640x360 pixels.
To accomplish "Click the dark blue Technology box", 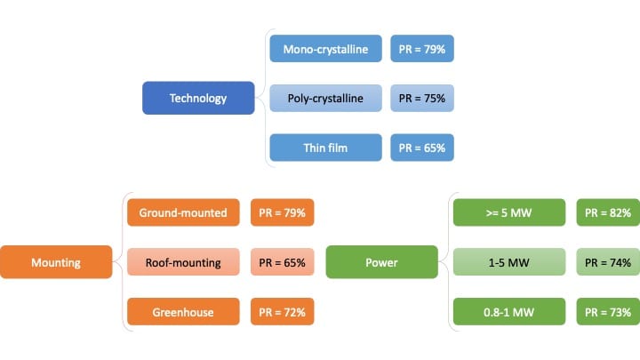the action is [198, 98].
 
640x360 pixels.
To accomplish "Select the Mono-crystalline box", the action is [325, 49].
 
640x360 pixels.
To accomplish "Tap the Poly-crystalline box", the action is [325, 98].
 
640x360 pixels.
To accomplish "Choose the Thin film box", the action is [325, 148].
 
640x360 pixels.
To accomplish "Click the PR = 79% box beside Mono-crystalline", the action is [422, 49].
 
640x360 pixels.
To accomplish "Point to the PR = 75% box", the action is [422, 98].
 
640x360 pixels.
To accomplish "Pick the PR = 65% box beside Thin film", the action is [422, 148].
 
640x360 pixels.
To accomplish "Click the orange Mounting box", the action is [56, 262].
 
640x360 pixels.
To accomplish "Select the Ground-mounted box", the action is [183, 212].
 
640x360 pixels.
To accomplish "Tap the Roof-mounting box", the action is [183, 261].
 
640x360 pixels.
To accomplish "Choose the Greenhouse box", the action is [183, 311].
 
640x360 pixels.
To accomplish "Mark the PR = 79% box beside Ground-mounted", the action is [283, 212].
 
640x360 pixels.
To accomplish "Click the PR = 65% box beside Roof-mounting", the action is [283, 261].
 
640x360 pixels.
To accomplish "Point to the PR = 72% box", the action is [283, 311].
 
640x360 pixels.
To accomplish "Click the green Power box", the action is [382, 262].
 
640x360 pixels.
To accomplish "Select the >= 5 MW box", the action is [509, 212].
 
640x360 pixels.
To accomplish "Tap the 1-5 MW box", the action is [509, 261].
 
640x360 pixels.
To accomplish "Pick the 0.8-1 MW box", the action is [509, 311].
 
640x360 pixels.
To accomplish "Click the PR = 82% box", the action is [608, 212].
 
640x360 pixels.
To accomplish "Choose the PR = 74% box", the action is [608, 261].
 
